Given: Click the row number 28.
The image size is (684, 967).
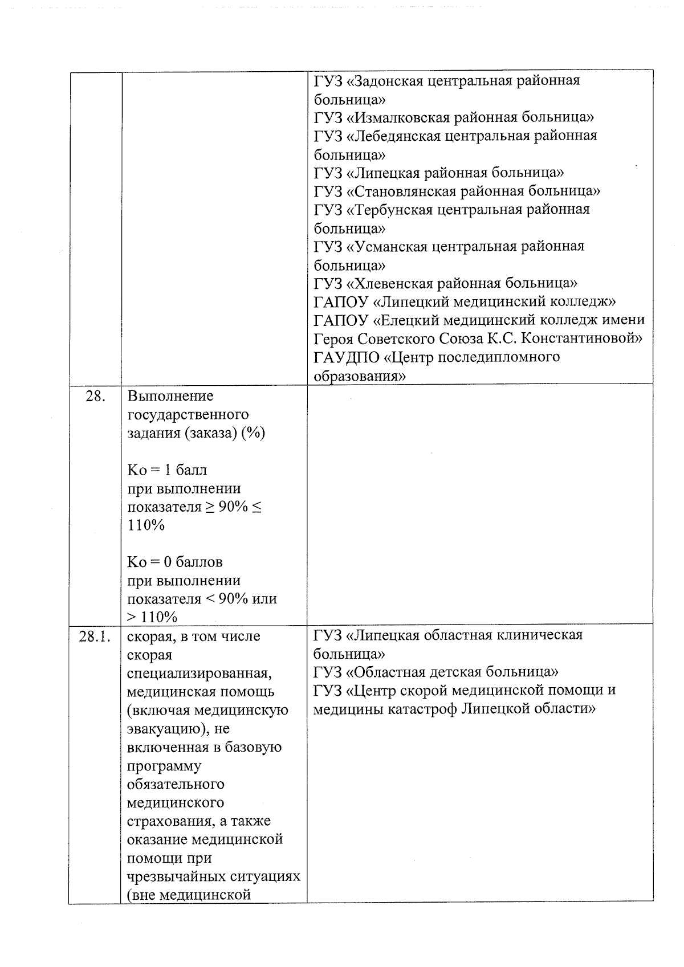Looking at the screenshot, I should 95,396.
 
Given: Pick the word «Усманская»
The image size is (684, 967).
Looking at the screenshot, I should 387,246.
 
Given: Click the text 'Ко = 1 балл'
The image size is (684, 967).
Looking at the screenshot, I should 167,470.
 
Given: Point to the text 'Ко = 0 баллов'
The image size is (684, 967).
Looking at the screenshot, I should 175,562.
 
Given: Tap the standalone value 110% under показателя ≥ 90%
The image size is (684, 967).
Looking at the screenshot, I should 146,525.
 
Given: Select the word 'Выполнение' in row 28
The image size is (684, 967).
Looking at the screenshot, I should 170,396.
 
